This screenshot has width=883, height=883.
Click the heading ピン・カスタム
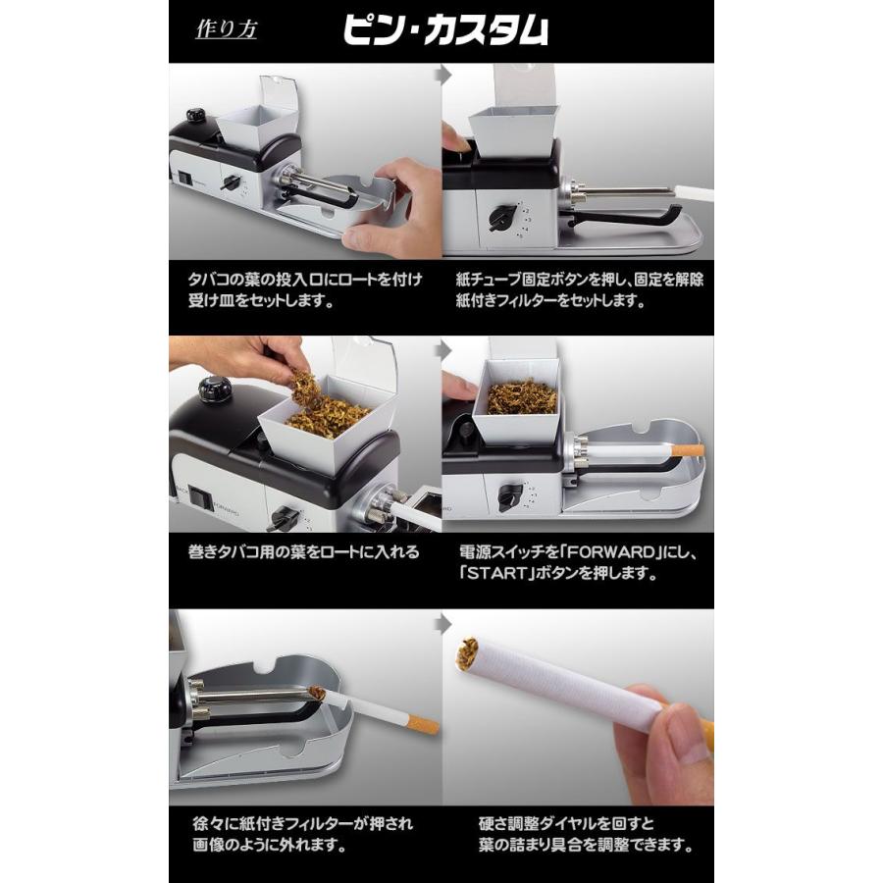444,30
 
